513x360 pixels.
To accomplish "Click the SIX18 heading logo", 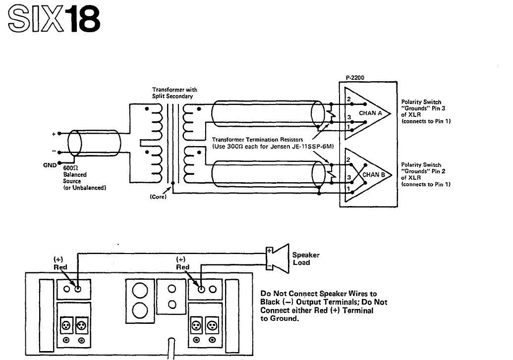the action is (54, 19).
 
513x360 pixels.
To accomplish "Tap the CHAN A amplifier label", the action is (370, 113).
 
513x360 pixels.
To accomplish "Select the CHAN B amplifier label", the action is (374, 175).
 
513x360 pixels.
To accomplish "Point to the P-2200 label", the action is (355, 78).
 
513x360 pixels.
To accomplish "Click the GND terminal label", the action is (50, 165).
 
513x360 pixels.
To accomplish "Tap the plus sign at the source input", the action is (54, 134).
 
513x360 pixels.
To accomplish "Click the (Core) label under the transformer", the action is (158, 197).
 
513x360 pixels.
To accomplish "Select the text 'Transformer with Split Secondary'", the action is (174, 93).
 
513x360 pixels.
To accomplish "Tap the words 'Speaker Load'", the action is (306, 258).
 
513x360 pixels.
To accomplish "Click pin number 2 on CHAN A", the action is (349, 99).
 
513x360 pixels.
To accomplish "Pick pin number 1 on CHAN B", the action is (348, 189).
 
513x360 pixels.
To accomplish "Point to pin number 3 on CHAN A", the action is (349, 117).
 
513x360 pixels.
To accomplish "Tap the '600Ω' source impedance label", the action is (70, 168).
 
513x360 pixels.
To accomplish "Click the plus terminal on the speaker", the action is (269, 251).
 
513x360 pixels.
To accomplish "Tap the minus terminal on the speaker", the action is (269, 266).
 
